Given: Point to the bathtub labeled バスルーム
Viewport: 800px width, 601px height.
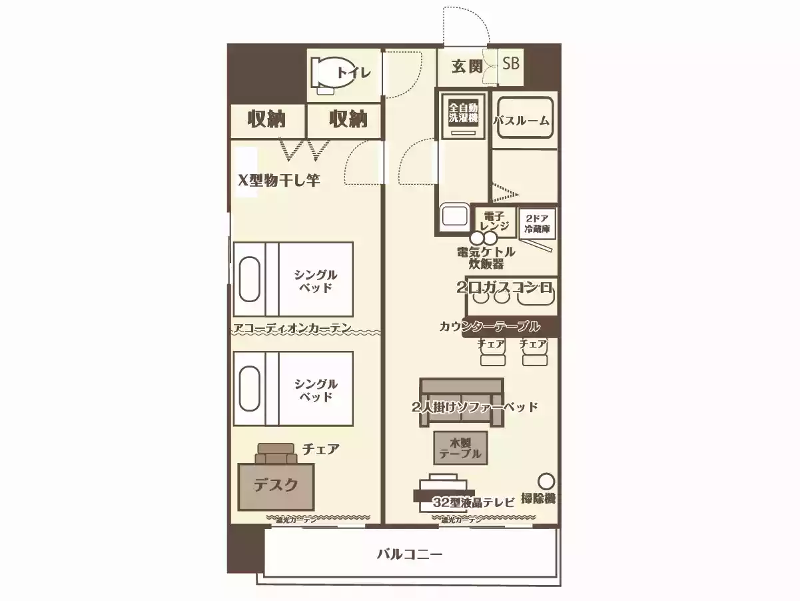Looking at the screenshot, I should tap(522, 120).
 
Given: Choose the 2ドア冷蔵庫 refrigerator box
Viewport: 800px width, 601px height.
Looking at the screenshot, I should tap(538, 223).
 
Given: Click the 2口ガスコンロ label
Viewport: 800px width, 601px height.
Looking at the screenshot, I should tap(506, 287).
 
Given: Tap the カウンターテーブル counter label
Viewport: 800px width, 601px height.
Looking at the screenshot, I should tap(490, 327).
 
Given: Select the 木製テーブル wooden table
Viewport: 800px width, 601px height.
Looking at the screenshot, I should tap(460, 448).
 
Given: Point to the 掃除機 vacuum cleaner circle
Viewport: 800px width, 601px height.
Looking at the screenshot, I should tap(546, 481).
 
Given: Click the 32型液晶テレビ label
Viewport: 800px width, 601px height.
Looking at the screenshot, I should tap(473, 502).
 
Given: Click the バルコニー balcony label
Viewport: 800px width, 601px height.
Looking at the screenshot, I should tap(410, 554).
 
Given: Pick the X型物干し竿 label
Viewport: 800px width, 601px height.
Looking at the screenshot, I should tap(279, 180).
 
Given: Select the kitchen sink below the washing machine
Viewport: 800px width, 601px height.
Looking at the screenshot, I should tap(454, 217).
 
